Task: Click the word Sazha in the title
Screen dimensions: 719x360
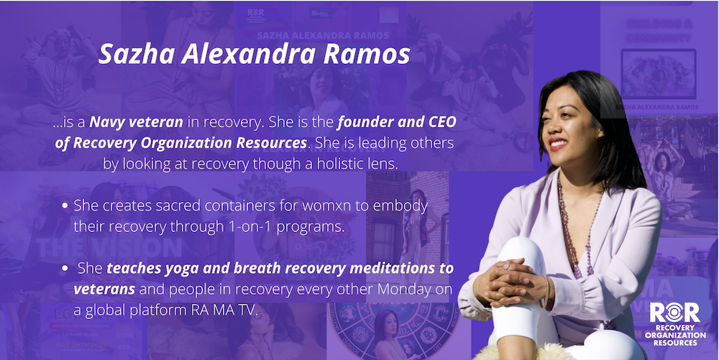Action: click(137, 54)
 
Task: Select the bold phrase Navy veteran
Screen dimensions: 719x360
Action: click(136, 122)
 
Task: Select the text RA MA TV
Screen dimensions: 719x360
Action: click(224, 310)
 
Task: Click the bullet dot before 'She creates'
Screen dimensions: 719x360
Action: click(65, 206)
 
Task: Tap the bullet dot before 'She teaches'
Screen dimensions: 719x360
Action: click(65, 269)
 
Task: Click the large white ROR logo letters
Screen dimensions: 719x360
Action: click(674, 312)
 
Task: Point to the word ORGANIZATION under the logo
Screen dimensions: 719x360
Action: click(675, 336)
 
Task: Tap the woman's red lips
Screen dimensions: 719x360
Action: click(558, 144)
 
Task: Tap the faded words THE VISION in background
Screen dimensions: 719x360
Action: click(109, 248)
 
